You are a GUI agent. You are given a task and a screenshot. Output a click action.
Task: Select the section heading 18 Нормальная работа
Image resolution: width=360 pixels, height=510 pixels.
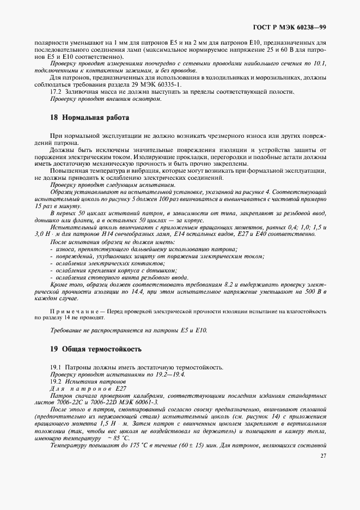coord(89,117)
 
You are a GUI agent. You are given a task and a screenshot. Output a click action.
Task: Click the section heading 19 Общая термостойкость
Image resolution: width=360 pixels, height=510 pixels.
coord(95,348)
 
